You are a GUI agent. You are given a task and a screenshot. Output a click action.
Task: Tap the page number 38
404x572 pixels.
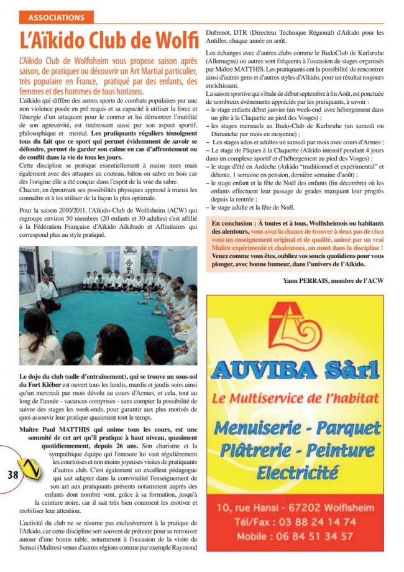[12, 474]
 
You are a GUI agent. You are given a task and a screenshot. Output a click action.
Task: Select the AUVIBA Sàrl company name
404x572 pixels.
[295, 371]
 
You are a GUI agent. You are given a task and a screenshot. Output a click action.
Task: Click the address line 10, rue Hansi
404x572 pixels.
[249, 508]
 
